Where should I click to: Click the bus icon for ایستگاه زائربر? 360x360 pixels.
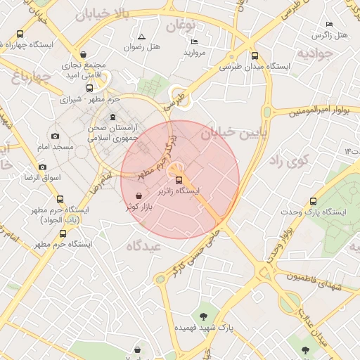coord(177,180)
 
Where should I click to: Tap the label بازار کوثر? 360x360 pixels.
coord(140,207)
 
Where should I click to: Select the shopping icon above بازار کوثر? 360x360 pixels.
coord(139,196)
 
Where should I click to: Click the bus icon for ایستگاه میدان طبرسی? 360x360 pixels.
coord(255,56)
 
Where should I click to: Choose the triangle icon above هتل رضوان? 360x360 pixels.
coord(141,36)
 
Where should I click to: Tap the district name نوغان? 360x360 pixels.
coord(180,26)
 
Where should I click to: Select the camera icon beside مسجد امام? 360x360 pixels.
coord(56,136)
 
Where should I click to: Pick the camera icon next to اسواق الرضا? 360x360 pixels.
coord(43,167)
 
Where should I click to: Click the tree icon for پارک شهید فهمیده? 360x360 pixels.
coord(204,316)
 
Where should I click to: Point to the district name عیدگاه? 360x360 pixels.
coord(144,247)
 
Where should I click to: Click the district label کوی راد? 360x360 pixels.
coord(288,160)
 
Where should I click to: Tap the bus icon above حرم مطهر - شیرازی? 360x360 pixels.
coord(89,89)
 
